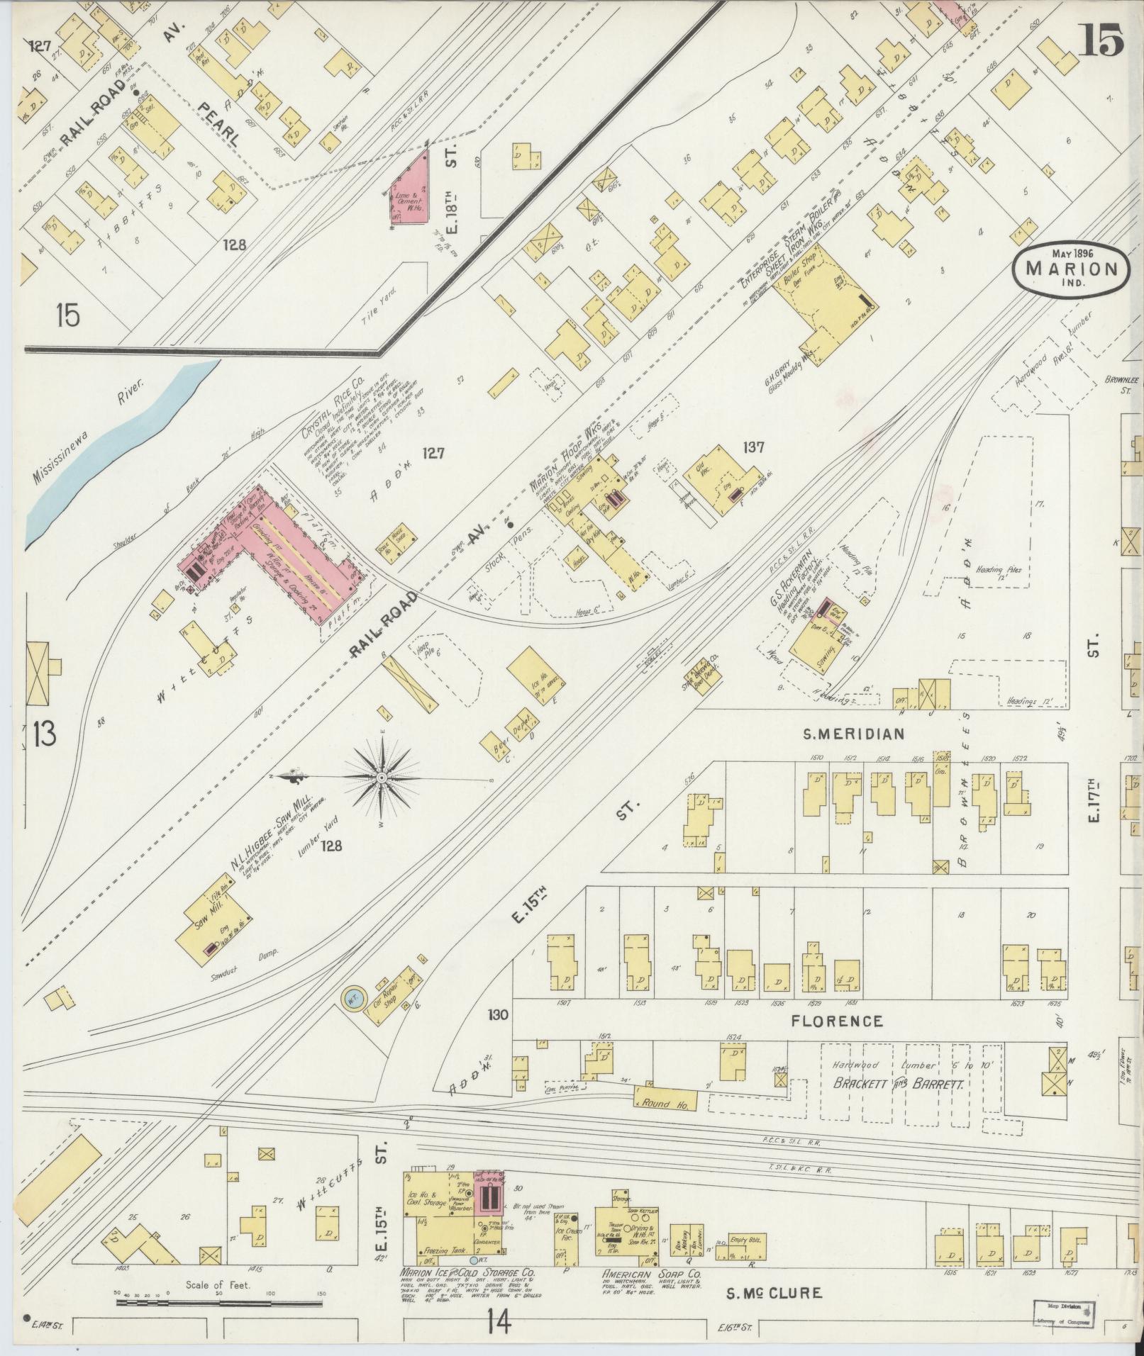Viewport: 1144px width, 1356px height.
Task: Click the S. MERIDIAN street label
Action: coord(853,734)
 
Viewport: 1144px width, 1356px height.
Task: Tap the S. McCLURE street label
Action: coord(774,1293)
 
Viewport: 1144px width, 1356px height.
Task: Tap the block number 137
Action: coord(753,447)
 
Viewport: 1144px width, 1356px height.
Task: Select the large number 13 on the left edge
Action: coord(44,734)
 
